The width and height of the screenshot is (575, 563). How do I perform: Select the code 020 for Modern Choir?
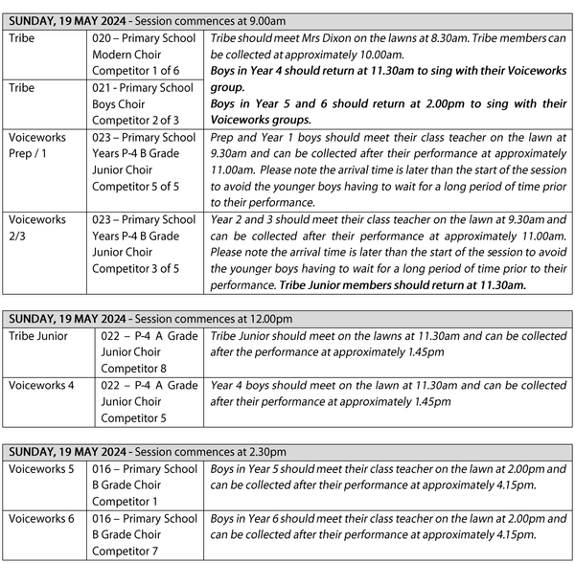coord(103,39)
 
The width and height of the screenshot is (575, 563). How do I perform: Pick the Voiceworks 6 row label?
coord(43,518)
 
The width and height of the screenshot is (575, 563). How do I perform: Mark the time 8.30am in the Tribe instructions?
coord(421,39)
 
